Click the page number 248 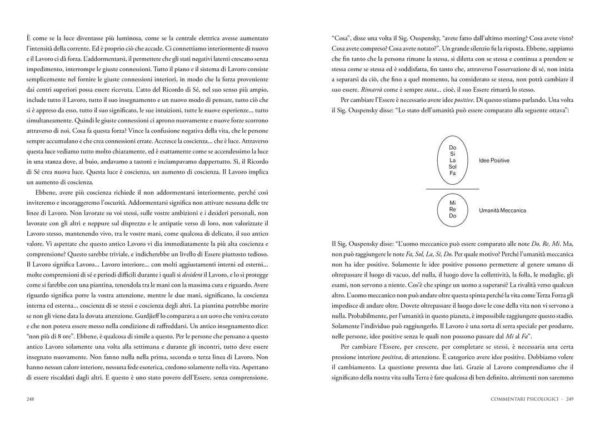(x=31, y=399)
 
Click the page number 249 (x=569, y=399)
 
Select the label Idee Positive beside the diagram (x=494, y=161)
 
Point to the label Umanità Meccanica (x=502, y=210)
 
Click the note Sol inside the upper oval (x=452, y=167)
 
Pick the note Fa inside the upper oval (x=452, y=174)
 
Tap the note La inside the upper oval (x=452, y=160)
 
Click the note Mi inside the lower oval (x=452, y=203)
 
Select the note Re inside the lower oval (x=452, y=210)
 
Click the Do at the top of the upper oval (x=452, y=147)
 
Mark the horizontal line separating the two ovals (x=452, y=189)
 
